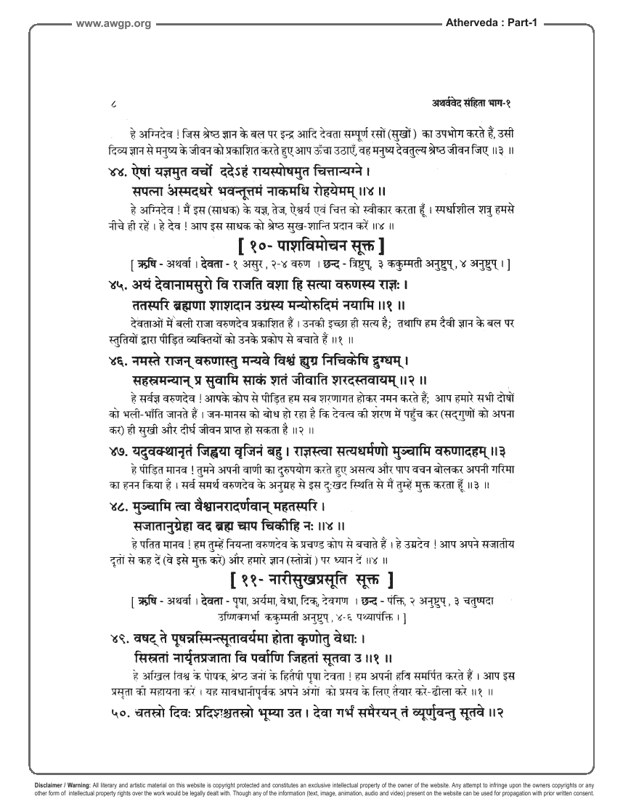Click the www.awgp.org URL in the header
pyautogui.click(x=113, y=24)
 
